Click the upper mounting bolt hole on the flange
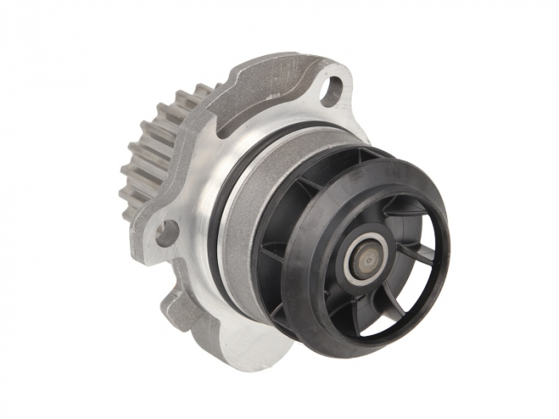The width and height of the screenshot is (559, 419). (331, 89)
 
